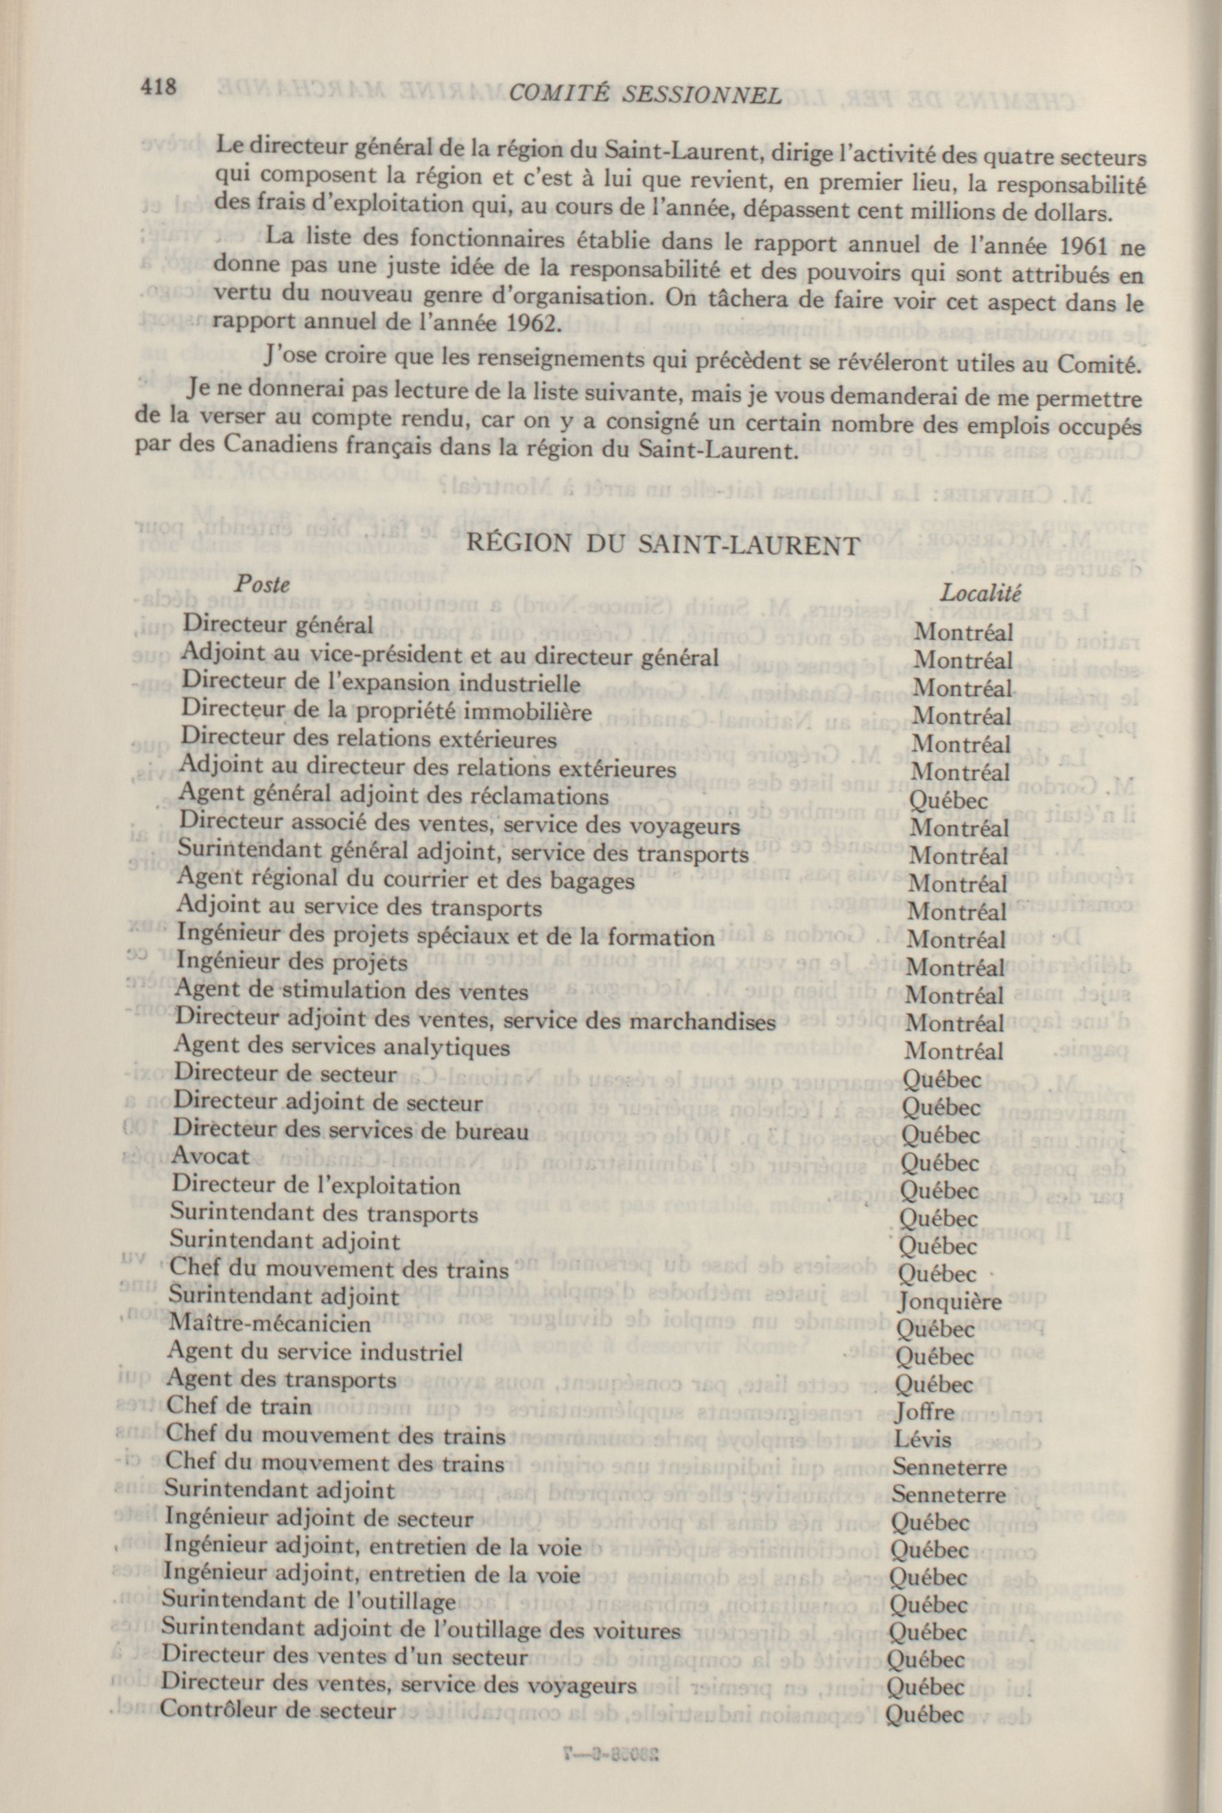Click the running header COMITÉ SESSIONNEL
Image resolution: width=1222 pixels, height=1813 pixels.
coord(644,94)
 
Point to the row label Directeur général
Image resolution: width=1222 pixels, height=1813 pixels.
coord(277,624)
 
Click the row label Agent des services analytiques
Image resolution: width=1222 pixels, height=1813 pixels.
coord(343,1046)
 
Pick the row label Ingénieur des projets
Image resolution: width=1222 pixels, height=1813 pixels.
coord(292,962)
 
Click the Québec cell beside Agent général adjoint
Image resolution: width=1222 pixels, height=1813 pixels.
coord(948,801)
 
